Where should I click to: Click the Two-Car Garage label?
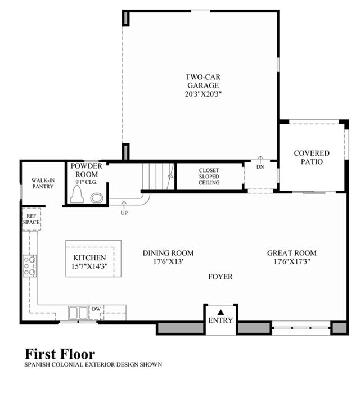coord(203,81)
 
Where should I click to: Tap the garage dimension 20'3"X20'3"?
coord(203,94)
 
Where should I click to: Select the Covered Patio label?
coord(312,157)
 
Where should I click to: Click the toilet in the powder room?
coord(76,194)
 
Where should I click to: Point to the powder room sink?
coord(97,198)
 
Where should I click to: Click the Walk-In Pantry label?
coord(43,183)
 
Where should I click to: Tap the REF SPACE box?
coord(31,219)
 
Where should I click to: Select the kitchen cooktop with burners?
coord(30,266)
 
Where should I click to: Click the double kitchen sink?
coord(78,313)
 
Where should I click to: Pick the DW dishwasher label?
coord(96,309)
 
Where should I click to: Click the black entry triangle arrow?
coord(220,312)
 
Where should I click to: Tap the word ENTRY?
coord(220,320)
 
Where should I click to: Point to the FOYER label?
coord(220,277)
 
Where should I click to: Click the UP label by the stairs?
coord(124,213)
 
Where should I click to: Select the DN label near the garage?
coord(260,166)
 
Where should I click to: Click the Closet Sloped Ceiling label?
coord(209,177)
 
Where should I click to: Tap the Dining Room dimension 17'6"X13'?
coord(168,261)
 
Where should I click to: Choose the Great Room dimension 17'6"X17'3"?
coord(292,261)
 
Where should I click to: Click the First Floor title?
coord(60,354)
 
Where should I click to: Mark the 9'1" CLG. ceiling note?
coord(86,182)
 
